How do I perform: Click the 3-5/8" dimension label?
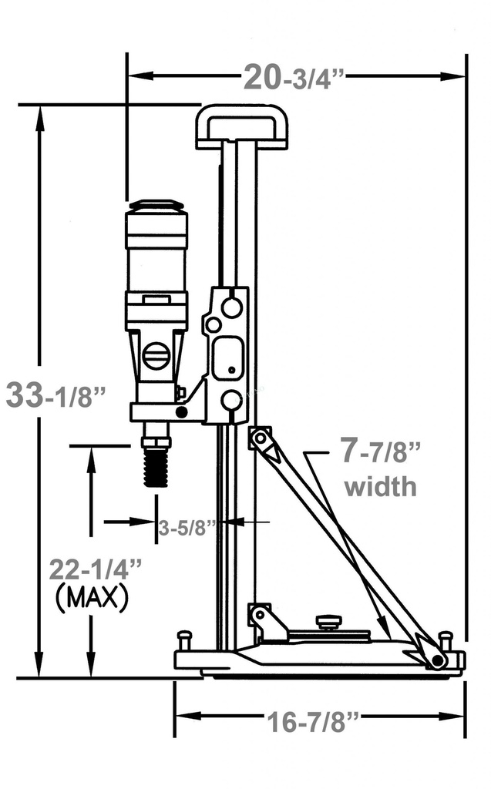click(187, 529)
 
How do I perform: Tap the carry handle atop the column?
click(241, 126)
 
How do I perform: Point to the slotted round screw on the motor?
click(156, 356)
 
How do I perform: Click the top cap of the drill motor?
click(156, 206)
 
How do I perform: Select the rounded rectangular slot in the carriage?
click(229, 358)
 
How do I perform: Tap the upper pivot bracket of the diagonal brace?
click(260, 438)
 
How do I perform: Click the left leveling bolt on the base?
click(184, 640)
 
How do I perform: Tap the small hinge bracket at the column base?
click(260, 616)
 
